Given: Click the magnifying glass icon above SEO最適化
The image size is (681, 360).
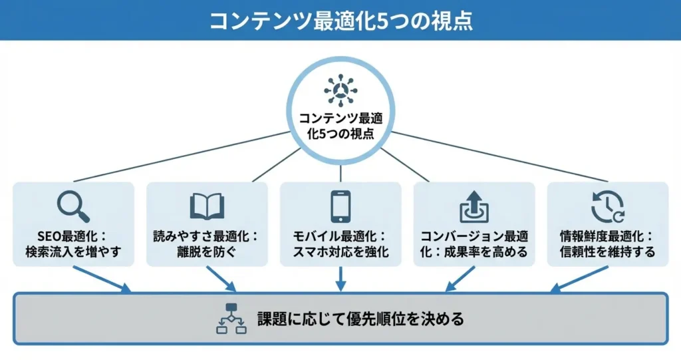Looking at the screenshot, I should [x=72, y=206].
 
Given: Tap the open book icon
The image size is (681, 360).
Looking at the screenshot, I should [x=207, y=206].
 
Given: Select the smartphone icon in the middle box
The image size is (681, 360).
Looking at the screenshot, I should [x=340, y=206].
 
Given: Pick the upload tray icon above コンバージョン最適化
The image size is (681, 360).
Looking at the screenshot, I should [x=474, y=206].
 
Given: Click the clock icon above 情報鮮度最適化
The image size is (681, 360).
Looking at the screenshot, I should [x=607, y=206].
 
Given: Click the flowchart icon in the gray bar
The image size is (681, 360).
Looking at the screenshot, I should [x=231, y=318].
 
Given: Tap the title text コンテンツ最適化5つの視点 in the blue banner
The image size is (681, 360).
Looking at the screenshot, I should [x=340, y=20].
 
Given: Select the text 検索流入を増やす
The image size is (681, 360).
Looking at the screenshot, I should [x=73, y=252].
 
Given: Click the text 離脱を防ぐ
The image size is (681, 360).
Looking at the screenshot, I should [x=207, y=252].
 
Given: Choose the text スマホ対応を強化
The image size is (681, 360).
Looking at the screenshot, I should [x=340, y=252].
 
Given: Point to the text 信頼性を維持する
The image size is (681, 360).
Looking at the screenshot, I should [x=607, y=252].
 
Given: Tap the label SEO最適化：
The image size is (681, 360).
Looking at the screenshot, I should [x=73, y=236].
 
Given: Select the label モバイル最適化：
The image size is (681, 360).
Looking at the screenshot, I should [x=340, y=236].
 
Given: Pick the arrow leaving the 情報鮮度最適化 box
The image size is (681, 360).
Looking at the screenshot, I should [x=579, y=279].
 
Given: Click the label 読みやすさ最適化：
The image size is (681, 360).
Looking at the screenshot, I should [x=207, y=236].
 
